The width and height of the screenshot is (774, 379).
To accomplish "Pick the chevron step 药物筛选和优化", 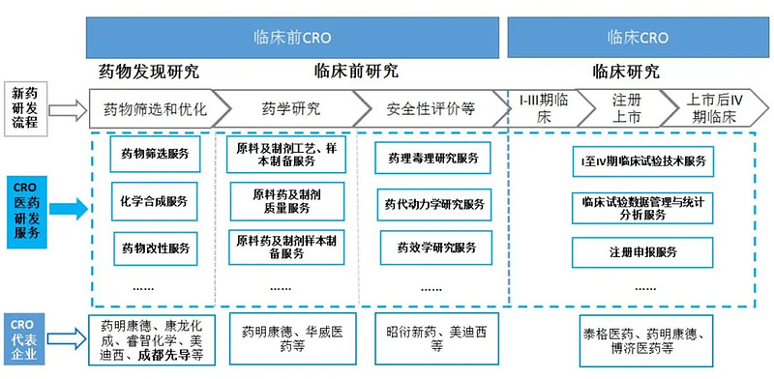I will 155,107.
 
